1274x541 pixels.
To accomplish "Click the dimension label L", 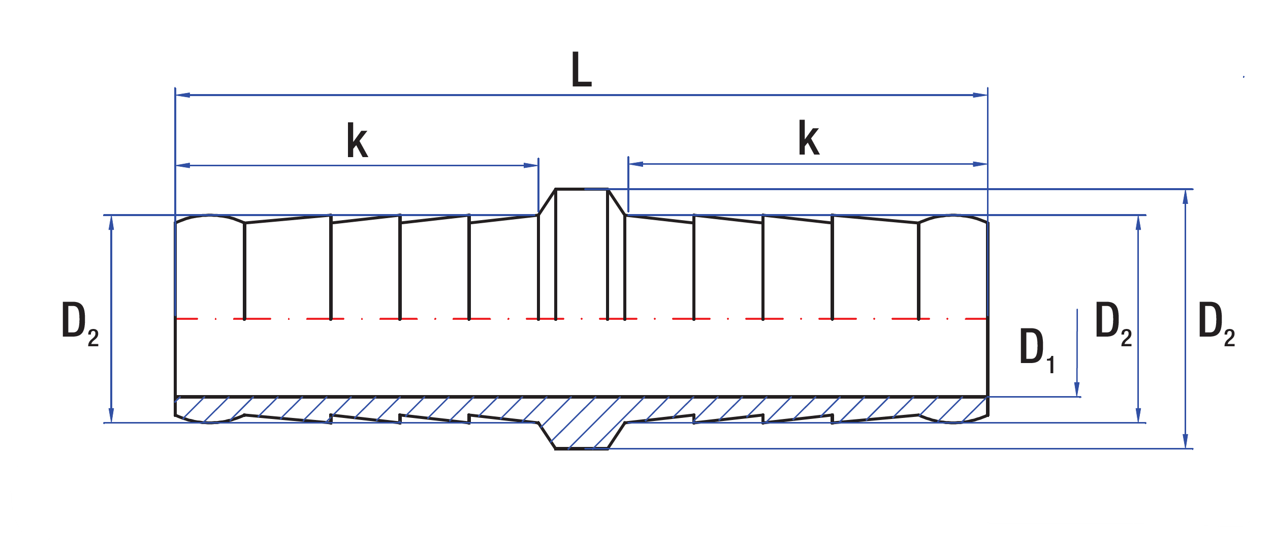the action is (x=582, y=69).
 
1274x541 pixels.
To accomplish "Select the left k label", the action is (x=357, y=140).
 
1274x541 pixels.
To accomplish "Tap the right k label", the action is (x=809, y=138).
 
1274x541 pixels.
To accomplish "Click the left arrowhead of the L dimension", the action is (x=183, y=95).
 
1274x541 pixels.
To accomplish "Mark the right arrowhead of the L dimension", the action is (x=980, y=95).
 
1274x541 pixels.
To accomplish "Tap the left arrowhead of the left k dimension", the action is (x=183, y=165).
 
